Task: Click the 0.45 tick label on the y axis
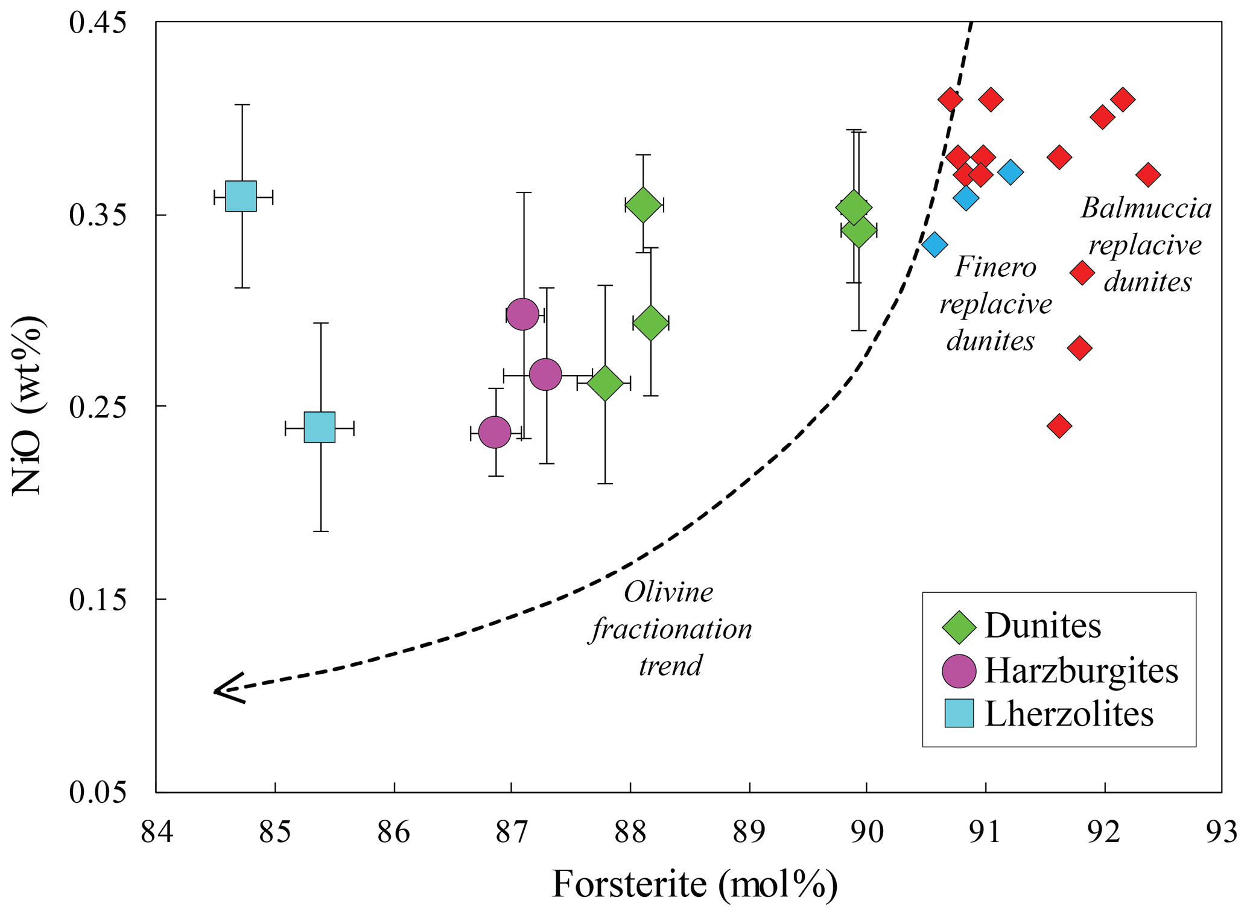tap(98, 23)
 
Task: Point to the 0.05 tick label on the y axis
tap(98, 791)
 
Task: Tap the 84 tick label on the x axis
tap(157, 832)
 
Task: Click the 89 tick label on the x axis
tap(749, 832)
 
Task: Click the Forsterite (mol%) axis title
tap(694, 885)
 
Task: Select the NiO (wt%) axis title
tap(28, 405)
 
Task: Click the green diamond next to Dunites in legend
tap(959, 627)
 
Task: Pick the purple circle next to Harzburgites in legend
tap(959, 671)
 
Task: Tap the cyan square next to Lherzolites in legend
tap(959, 714)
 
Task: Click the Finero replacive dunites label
tap(995, 304)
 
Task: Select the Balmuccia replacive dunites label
tap(1146, 245)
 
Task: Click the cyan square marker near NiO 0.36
tap(241, 196)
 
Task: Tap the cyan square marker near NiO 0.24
tap(320, 428)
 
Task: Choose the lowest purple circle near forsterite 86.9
tap(495, 432)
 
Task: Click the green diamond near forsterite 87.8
tap(604, 382)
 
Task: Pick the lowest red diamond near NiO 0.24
tap(1059, 426)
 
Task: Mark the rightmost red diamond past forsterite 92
tap(1148, 176)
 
